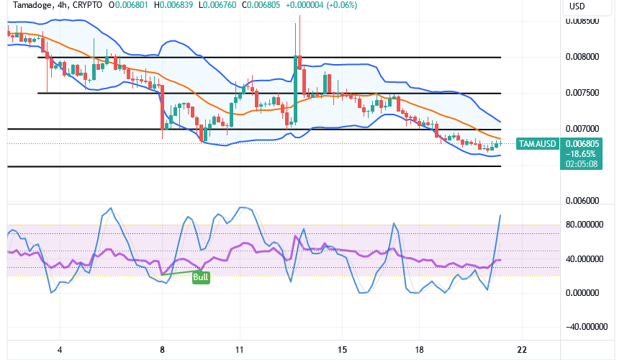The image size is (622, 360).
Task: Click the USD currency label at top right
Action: pyautogui.click(x=577, y=6)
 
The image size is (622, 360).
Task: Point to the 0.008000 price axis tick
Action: pyautogui.click(x=582, y=57)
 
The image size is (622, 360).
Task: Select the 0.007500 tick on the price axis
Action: pyautogui.click(x=582, y=93)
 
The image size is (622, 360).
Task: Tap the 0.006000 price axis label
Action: pyautogui.click(x=582, y=201)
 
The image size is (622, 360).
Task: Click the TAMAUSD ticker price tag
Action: pyautogui.click(x=538, y=143)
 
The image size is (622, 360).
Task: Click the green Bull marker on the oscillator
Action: pyautogui.click(x=201, y=277)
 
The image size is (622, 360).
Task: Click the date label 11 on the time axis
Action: pyautogui.click(x=240, y=350)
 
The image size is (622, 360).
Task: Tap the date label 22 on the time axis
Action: pyautogui.click(x=523, y=350)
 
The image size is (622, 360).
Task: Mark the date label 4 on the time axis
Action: pyautogui.click(x=60, y=350)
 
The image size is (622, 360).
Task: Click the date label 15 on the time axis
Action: pyautogui.click(x=343, y=350)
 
